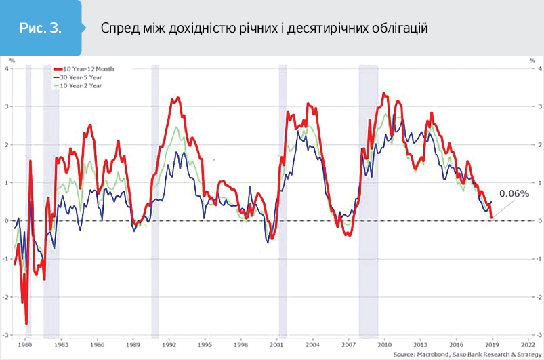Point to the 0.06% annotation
click(513, 194)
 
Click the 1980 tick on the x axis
click(26, 344)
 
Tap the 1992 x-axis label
click(169, 344)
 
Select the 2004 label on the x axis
click(313, 344)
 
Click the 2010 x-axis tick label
click(385, 344)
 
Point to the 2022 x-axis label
click(529, 344)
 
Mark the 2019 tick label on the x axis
click(493, 344)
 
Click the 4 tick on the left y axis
click(8, 68)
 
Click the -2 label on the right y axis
click(538, 297)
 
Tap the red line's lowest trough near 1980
click(26, 324)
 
